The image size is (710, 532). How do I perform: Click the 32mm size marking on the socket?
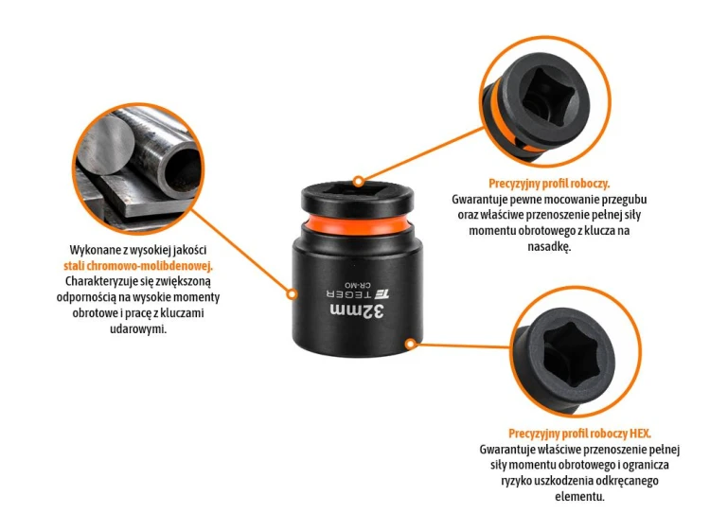[357, 311]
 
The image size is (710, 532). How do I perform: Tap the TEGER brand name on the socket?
[349, 294]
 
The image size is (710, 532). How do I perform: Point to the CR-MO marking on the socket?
[357, 285]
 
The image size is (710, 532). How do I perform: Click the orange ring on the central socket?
[357, 225]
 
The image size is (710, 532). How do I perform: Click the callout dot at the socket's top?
[359, 182]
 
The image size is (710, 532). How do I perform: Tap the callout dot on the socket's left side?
[293, 294]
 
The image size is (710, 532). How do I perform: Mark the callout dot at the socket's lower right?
[410, 345]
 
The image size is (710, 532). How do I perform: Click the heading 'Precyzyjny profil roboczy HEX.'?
[579, 434]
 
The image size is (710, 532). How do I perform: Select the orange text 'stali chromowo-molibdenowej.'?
[138, 266]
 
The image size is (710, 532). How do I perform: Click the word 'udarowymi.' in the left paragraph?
[138, 328]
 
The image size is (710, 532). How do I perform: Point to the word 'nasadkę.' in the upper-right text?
[549, 246]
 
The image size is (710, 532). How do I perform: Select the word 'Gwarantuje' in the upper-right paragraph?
[480, 200]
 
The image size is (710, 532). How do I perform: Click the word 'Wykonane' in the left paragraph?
[92, 250]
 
